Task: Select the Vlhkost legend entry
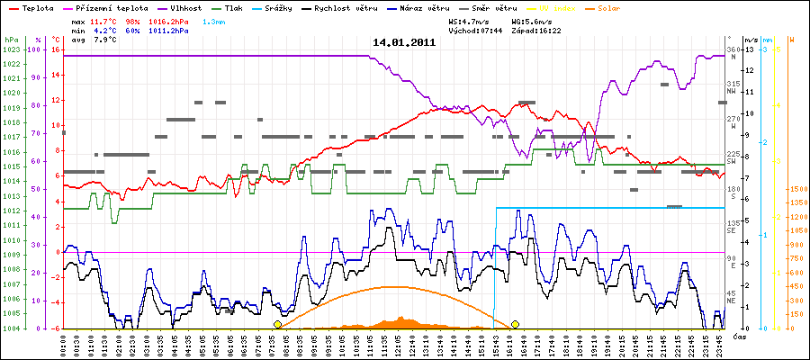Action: click(207, 6)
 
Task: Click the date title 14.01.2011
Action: click(404, 41)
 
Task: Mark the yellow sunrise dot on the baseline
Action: click(277, 324)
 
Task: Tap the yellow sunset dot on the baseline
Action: click(516, 324)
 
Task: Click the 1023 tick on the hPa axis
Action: click(11, 49)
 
